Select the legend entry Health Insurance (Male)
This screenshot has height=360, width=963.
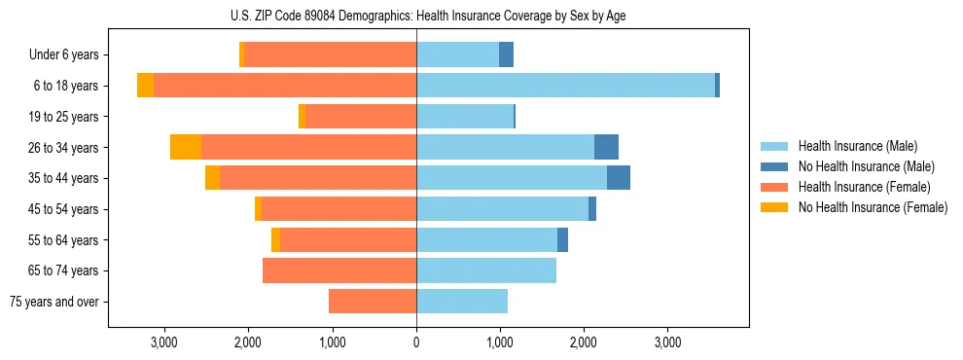coord(857,146)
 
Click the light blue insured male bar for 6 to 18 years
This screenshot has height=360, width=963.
coord(565,86)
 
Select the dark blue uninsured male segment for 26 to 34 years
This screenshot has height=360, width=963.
coord(606,147)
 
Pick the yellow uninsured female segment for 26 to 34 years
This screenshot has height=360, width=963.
coord(186,147)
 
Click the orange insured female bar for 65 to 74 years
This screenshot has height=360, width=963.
coord(339,270)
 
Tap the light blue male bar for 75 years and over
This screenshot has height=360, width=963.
coord(462,302)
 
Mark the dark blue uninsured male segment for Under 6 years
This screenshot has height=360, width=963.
coord(506,55)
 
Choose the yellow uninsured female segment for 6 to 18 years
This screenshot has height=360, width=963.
coord(145,86)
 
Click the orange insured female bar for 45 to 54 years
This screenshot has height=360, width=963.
coord(339,209)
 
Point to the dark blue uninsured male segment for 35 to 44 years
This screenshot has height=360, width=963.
coord(618,178)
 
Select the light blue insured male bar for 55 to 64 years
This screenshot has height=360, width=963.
coord(486,239)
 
